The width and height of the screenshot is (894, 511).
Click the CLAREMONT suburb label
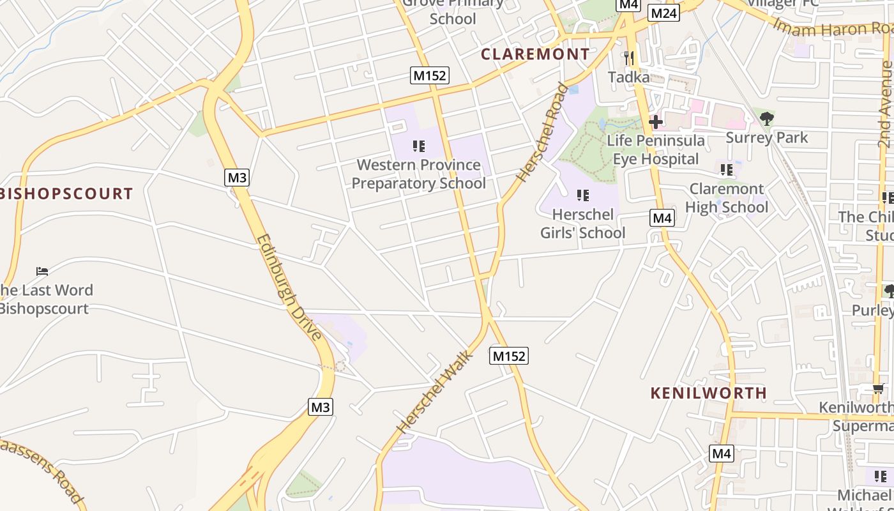click(x=535, y=54)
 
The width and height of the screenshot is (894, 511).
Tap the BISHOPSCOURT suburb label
click(x=66, y=194)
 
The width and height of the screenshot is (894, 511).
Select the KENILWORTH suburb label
click(x=708, y=393)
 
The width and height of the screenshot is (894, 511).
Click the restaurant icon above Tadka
click(x=629, y=59)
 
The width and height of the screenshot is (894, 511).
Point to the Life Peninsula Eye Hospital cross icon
click(x=656, y=121)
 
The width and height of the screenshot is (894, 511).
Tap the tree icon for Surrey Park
click(x=766, y=118)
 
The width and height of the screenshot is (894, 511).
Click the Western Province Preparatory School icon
click(x=419, y=146)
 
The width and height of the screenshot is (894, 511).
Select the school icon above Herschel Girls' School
click(x=582, y=195)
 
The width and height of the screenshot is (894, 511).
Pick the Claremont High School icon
click(x=727, y=170)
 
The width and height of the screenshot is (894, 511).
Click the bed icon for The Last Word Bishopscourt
click(x=42, y=271)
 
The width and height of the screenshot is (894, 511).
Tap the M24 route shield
click(x=663, y=13)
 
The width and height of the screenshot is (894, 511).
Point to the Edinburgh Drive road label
click(x=289, y=287)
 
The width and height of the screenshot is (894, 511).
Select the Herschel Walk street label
click(x=434, y=392)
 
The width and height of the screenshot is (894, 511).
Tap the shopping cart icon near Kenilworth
click(x=880, y=388)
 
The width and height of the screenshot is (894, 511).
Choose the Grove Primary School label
click(x=453, y=11)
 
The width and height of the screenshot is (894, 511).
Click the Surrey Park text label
click(x=767, y=137)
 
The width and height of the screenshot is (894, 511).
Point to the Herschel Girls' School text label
click(x=582, y=224)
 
